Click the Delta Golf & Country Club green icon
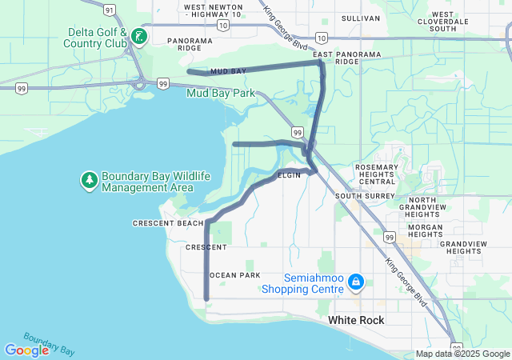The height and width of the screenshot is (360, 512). click(138, 37)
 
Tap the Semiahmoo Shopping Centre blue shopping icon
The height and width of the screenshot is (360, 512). click(357, 282)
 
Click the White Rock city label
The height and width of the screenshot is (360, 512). click(356, 320)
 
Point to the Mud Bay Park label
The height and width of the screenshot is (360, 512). click(220, 93)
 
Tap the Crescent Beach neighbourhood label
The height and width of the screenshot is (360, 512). click(168, 222)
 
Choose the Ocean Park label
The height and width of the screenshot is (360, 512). click(234, 275)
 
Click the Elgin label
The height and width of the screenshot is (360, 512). click(289, 175)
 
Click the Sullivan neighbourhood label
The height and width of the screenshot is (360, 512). click(360, 18)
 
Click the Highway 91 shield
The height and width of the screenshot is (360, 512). click(109, 10)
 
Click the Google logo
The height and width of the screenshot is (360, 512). click(26, 350)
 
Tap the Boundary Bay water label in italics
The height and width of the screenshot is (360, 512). click(50, 344)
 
